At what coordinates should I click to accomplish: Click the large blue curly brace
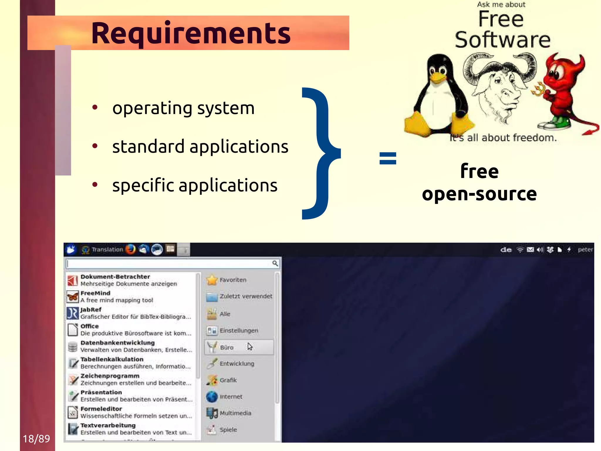coord(320,153)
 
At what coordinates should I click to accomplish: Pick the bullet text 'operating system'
coord(183,108)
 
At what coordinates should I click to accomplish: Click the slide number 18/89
coord(36,439)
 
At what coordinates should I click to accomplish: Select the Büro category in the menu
coord(227,347)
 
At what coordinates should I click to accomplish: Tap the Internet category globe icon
coord(212,397)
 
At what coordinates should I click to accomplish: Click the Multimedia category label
coord(235,413)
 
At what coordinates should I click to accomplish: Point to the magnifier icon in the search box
coord(275,263)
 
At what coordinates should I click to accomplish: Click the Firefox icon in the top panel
coord(131,249)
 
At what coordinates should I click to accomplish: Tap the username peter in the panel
coord(585,250)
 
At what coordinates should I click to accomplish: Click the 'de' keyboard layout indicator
coord(506,250)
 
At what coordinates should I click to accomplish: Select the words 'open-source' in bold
coord(479,194)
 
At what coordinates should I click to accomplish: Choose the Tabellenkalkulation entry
coord(112,359)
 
